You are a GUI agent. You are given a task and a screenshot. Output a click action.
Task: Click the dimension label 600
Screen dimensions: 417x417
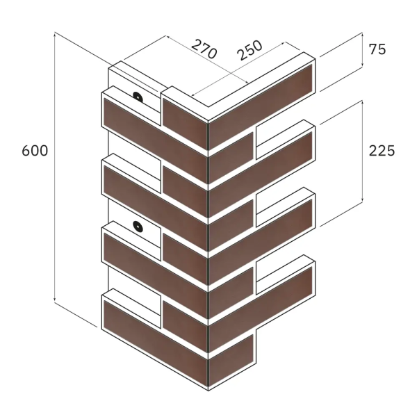35,151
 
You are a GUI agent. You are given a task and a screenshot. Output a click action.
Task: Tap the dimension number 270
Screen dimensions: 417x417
204,49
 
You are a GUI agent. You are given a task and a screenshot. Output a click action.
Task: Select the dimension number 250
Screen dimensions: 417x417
250,50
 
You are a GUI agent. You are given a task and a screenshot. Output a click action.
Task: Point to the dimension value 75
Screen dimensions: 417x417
377,49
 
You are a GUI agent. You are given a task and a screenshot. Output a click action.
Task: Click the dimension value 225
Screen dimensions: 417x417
382,151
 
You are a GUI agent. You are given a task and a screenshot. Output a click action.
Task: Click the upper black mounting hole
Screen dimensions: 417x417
138,97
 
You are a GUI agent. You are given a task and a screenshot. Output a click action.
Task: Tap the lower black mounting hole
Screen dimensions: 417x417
138,227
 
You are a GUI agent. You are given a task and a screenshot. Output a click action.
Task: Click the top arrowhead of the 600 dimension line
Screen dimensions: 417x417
54,34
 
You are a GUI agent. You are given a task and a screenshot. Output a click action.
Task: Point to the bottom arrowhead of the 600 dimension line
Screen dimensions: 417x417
54,300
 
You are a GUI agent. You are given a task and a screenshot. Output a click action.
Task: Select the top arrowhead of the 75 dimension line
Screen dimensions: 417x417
362,34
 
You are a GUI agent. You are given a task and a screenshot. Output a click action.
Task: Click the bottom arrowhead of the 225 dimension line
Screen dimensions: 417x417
362,200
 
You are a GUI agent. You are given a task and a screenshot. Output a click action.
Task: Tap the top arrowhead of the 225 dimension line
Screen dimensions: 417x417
362,102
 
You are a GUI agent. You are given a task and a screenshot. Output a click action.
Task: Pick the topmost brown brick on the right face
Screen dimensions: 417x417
261,106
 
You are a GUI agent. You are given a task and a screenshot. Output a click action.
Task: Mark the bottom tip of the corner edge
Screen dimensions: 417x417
208,391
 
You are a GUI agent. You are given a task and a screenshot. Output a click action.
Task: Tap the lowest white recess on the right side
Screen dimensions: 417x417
280,275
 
